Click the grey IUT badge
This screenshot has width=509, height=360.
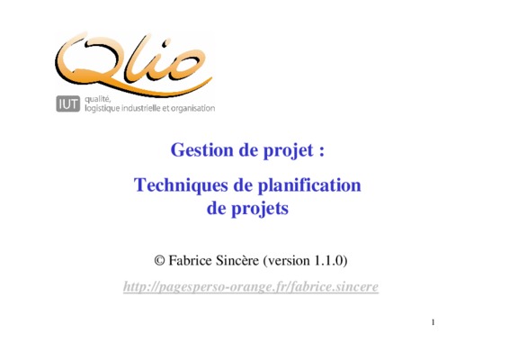coord(67,103)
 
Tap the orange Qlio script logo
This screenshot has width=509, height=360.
coord(133,64)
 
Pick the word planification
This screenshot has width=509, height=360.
coord(309,186)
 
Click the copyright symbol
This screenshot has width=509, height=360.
coord(159,261)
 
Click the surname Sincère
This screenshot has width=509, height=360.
coord(237,261)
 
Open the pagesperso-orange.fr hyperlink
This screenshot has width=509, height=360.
coord(251,287)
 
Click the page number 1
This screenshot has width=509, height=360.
coord(433,322)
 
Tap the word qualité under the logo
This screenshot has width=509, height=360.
coord(98,99)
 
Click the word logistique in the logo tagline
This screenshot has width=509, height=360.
coord(102,109)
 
